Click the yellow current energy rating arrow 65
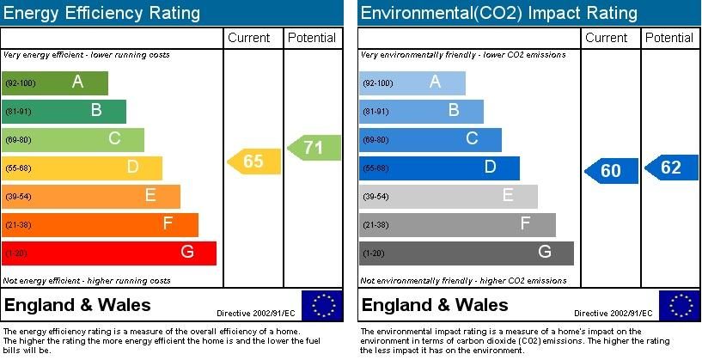coord(253,162)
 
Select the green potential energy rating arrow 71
coord(314,148)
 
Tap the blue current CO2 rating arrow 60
coord(611,171)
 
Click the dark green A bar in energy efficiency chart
coord(55,82)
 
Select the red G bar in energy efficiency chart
coord(109,253)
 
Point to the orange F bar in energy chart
coord(100,224)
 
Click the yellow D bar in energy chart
coord(82,168)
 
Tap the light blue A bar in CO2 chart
coord(412,82)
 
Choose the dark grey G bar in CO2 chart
coord(467,253)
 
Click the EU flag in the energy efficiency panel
coord(321,306)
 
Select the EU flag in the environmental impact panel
coord(679,306)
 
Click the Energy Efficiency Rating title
coord(102,13)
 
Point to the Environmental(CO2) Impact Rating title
coord(498,13)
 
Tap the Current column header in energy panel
coord(249,38)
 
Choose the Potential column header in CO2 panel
coord(669,38)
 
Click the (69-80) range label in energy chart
coord(18,140)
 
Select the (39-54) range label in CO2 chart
coord(375,197)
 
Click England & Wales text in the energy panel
coord(77,305)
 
